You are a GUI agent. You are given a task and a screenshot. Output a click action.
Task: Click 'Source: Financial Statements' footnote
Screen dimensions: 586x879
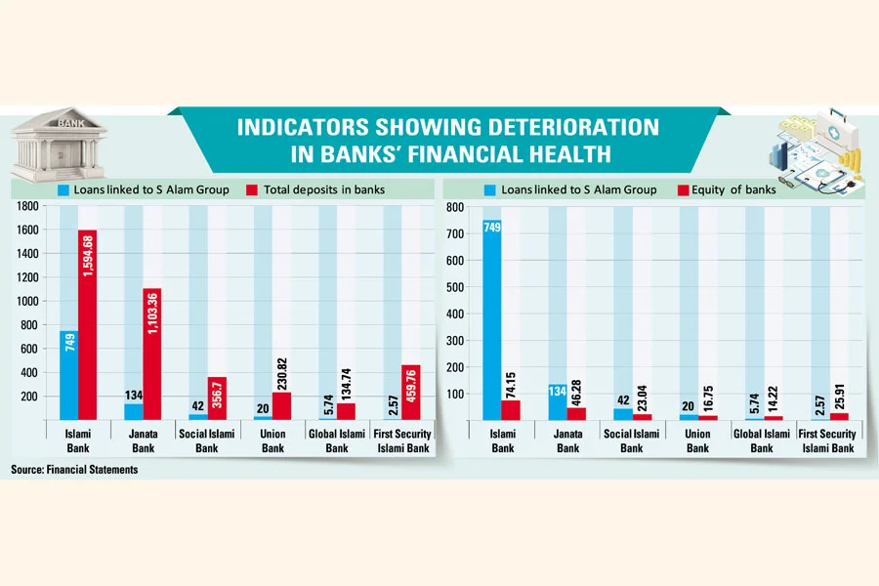click(74, 470)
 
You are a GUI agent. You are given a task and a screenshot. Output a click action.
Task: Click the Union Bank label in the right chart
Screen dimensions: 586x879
click(697, 441)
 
